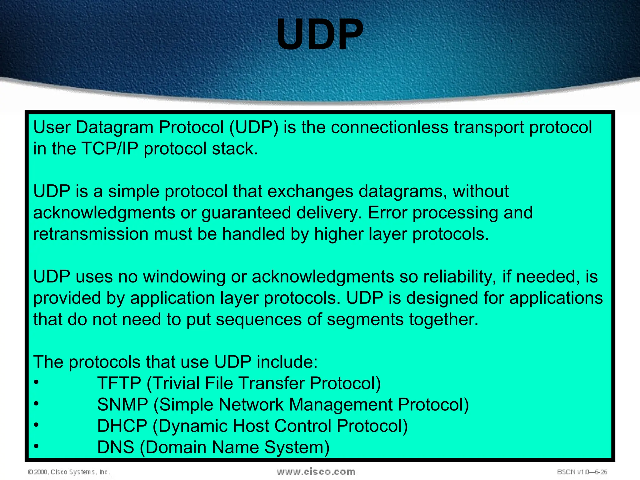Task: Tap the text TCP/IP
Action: [x=109, y=149]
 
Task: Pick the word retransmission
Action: [x=91, y=234]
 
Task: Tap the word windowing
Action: [x=184, y=277]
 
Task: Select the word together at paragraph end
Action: [x=443, y=319]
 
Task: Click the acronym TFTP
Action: [x=119, y=383]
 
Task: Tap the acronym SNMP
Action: [x=122, y=405]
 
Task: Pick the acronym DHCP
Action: [x=122, y=426]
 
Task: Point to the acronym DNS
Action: [x=115, y=447]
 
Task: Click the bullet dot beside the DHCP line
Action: [x=37, y=425]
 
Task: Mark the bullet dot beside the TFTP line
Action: [x=37, y=382]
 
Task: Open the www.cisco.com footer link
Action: [x=316, y=472]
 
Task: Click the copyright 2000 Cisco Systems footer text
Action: [x=69, y=472]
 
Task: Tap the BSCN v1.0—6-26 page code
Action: [x=582, y=472]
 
